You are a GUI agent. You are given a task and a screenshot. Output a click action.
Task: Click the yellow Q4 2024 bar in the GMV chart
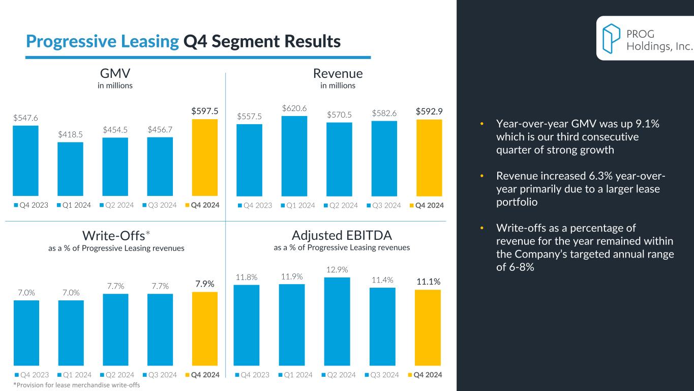(x=204, y=157)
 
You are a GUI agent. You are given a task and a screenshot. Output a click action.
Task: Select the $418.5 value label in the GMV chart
(x=70, y=134)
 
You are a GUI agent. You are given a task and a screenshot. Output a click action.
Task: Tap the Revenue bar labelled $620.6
(x=294, y=156)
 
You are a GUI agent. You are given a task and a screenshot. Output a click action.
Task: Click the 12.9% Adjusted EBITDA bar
(x=337, y=321)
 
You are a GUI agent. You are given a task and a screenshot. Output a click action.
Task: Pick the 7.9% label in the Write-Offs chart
(x=204, y=283)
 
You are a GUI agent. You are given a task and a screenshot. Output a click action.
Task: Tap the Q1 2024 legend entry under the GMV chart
(x=74, y=205)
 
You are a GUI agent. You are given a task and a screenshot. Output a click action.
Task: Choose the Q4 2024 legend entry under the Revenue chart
(x=426, y=205)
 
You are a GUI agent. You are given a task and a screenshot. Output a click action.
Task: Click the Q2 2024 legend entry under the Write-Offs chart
(x=118, y=375)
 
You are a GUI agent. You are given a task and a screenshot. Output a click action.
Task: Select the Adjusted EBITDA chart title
(x=342, y=235)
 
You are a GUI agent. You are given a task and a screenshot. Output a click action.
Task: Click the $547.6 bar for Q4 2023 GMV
(x=25, y=160)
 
